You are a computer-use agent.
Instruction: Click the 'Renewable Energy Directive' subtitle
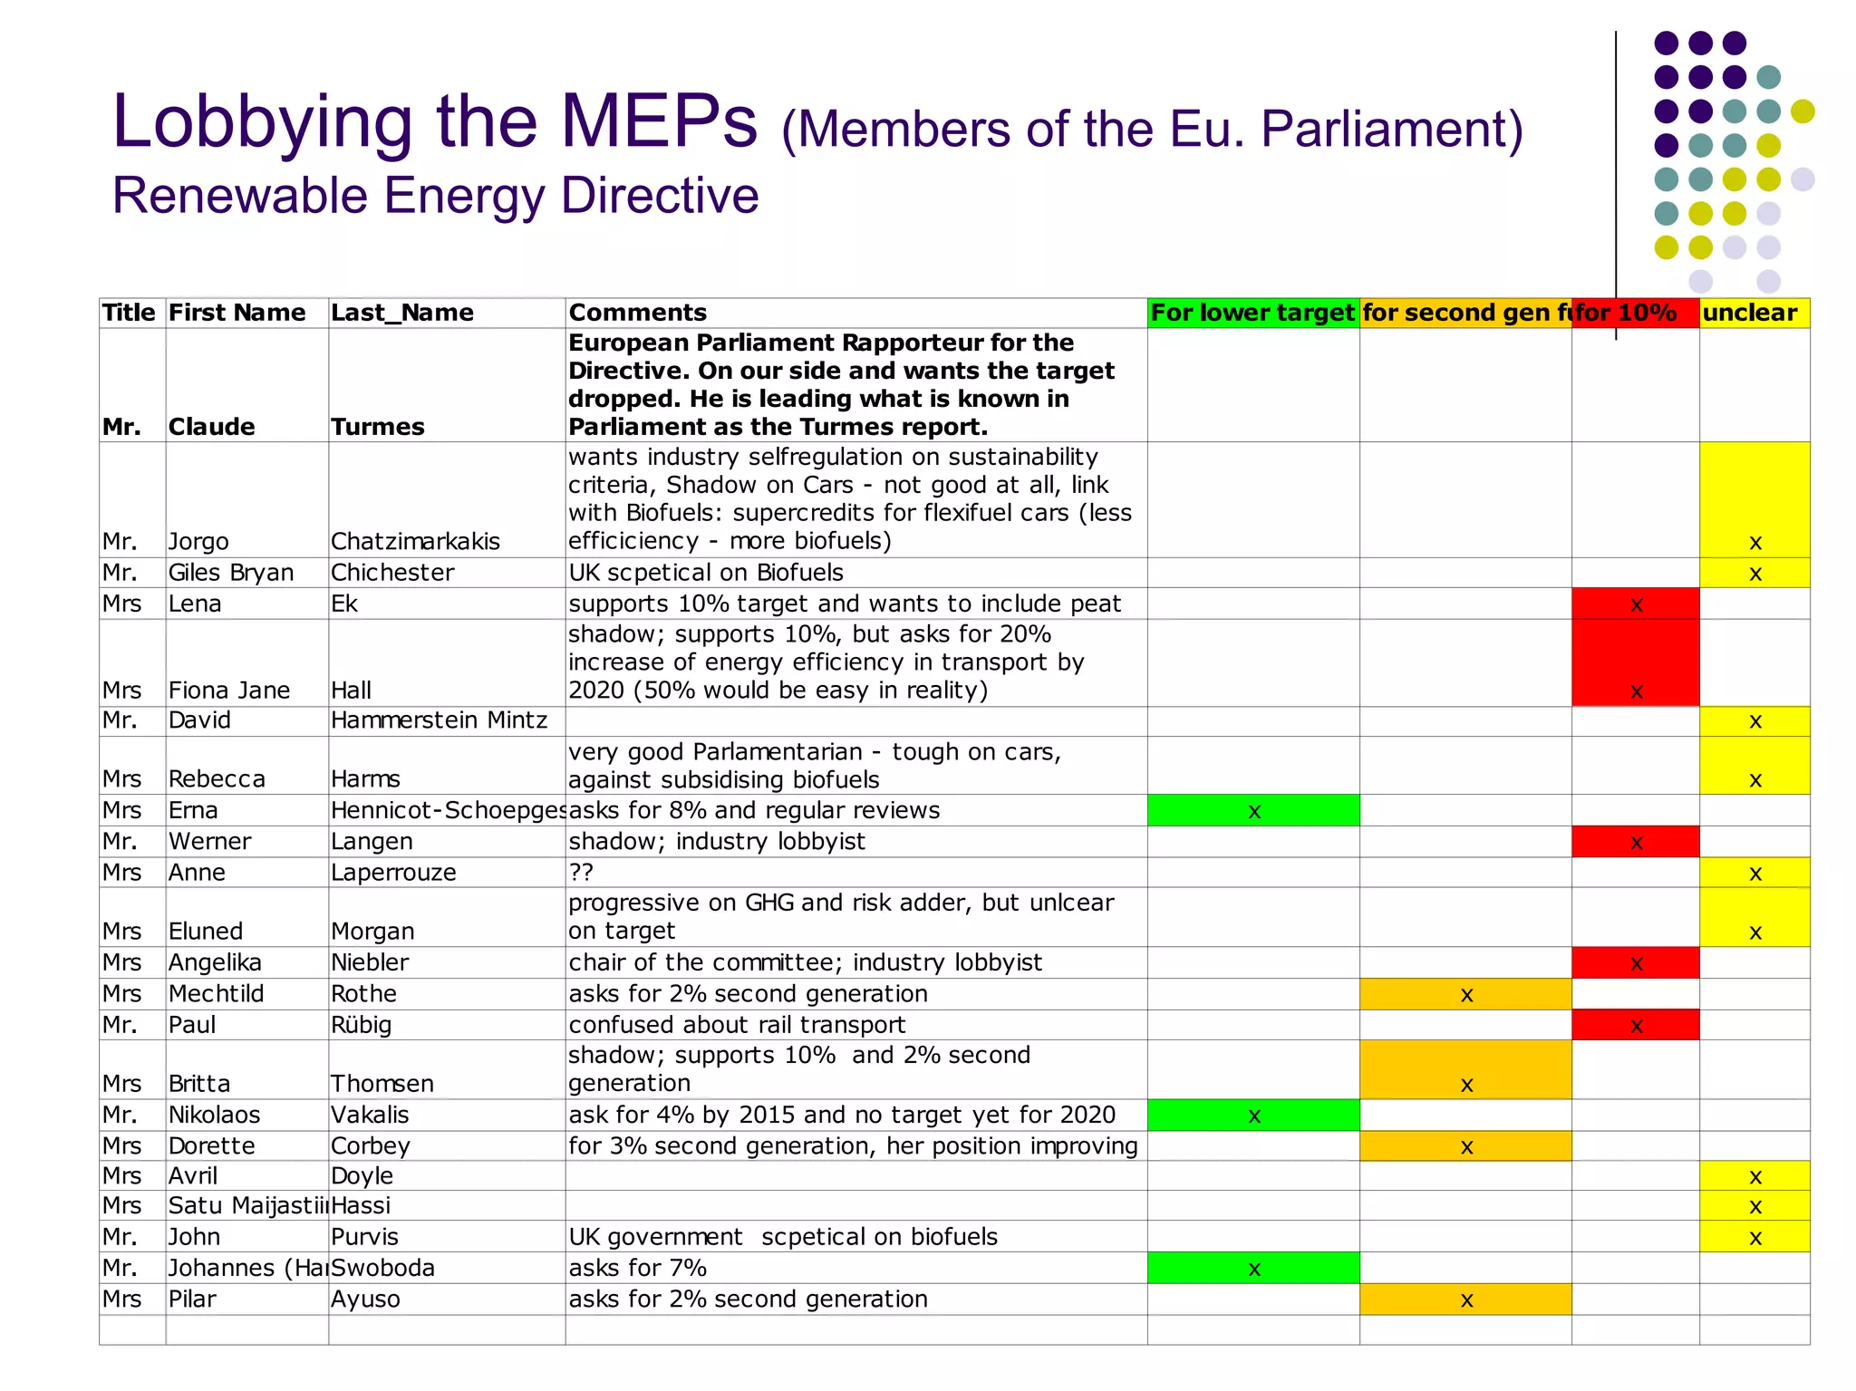coord(435,196)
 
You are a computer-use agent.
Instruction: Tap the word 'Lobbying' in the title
coord(263,122)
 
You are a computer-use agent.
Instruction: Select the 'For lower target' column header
coord(1252,313)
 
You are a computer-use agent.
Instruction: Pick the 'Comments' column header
coord(638,313)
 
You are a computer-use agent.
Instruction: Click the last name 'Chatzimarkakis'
coord(415,542)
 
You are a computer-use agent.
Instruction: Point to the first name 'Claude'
coord(212,427)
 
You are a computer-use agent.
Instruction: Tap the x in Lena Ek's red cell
coord(1636,604)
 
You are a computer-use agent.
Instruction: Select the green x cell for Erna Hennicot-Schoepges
coord(1253,811)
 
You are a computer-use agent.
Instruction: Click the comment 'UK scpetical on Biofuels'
coord(706,573)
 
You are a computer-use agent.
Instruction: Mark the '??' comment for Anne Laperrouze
coord(581,873)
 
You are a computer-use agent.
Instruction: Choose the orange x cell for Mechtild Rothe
coord(1466,995)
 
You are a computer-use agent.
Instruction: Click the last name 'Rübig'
coord(361,1025)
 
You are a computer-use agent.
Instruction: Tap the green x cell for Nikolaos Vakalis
coord(1253,1116)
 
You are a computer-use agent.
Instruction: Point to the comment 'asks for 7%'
coord(637,1268)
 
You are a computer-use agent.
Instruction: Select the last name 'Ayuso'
coord(365,1299)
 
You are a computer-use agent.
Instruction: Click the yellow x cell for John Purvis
coord(1754,1238)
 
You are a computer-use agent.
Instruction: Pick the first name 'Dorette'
coord(212,1146)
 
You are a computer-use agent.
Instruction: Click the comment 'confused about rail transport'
coord(737,1025)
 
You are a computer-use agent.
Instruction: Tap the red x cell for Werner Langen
coord(1636,843)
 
